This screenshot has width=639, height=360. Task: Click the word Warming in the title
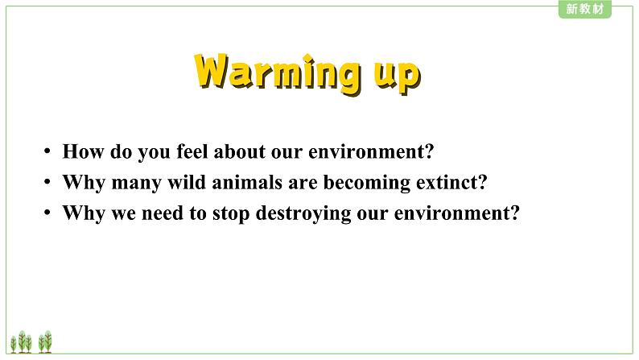click(278, 72)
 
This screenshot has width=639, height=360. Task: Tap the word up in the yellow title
click(398, 77)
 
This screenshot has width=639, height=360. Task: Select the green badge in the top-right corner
click(585, 9)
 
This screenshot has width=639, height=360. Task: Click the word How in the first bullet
click(83, 151)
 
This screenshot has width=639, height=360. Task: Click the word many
click(136, 183)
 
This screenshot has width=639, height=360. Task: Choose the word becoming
click(367, 183)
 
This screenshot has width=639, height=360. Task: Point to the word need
click(163, 213)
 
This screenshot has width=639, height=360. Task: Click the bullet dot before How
click(47, 151)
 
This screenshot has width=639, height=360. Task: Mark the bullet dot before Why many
click(47, 182)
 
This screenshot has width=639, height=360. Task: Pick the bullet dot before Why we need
click(47, 213)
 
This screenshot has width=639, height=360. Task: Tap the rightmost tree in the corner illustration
click(48, 341)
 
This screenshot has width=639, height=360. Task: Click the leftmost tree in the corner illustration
click(14, 344)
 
